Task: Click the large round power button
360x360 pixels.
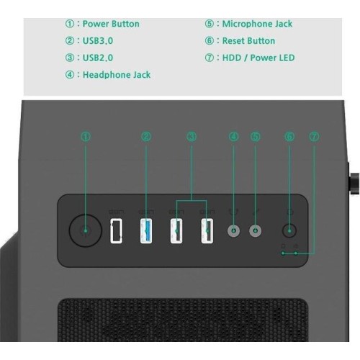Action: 86,230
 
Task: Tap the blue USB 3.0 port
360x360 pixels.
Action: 146,231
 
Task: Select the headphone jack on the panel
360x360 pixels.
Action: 234,231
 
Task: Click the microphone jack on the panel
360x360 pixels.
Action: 256,231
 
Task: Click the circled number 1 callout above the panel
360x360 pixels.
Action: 86,137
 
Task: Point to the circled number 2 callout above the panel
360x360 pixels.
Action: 146,137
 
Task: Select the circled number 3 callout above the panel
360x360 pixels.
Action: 192,137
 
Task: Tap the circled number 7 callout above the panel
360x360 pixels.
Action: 314,137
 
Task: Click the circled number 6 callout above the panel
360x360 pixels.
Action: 289,137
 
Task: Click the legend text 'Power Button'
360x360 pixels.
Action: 111,24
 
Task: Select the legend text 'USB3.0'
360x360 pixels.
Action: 98,41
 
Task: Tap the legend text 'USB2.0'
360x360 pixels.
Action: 98,58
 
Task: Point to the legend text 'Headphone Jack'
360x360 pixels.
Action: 117,75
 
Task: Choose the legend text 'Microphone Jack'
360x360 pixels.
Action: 257,24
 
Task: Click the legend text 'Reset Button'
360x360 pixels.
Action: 248,41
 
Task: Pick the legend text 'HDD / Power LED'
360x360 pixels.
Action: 258,58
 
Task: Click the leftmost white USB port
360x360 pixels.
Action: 116,231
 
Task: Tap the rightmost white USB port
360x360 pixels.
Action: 207,231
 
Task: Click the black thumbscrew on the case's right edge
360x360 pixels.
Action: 355,184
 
